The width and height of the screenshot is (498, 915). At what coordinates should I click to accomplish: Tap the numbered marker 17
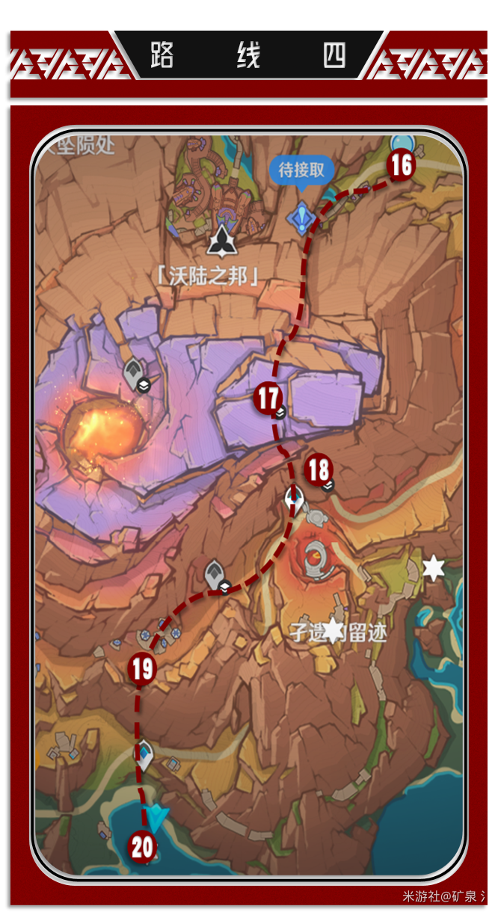tap(267, 397)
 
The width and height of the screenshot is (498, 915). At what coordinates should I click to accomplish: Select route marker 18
tap(319, 470)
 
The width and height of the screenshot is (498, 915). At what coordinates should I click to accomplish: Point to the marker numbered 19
tap(142, 668)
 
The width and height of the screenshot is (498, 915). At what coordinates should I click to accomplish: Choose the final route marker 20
tap(142, 847)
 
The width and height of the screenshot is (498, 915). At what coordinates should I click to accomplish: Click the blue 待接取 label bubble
tap(301, 170)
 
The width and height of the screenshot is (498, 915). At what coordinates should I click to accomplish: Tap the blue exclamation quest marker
tap(301, 218)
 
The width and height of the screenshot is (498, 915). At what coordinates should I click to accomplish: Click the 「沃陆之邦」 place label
tap(209, 276)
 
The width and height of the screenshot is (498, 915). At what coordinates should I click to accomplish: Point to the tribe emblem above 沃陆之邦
tap(221, 241)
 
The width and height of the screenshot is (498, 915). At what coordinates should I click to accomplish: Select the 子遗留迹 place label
tap(339, 632)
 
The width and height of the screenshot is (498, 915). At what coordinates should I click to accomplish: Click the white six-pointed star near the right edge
tap(433, 568)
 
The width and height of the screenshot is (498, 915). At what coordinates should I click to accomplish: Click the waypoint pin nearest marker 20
tap(144, 753)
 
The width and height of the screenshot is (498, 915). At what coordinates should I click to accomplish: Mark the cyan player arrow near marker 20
tap(157, 819)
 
